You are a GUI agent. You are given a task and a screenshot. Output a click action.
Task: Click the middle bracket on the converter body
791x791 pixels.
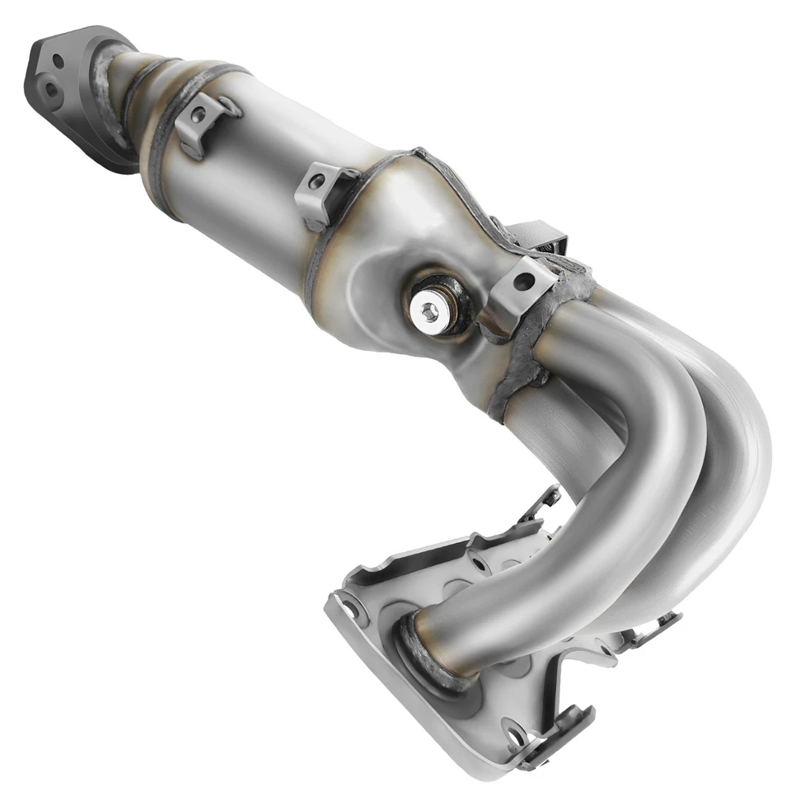pos(324,191)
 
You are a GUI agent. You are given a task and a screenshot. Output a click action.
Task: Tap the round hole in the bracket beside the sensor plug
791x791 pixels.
pos(522,281)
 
